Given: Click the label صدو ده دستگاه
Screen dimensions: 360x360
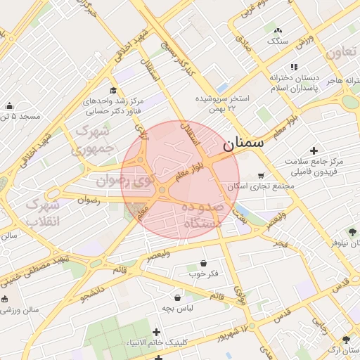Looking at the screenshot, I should [202, 215].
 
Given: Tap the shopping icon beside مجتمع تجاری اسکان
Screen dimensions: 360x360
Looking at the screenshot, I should [262, 175].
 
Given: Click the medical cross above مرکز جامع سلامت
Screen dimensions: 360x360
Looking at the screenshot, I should [314, 150].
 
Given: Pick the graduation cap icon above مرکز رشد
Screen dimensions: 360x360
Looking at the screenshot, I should [113, 90].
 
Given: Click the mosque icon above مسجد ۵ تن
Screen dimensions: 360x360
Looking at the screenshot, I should [9, 106].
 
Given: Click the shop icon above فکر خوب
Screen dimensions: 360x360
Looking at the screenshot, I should [203, 263].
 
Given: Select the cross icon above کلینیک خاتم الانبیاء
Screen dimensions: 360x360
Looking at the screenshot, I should [156, 332].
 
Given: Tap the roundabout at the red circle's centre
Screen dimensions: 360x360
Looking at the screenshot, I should [162, 190].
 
